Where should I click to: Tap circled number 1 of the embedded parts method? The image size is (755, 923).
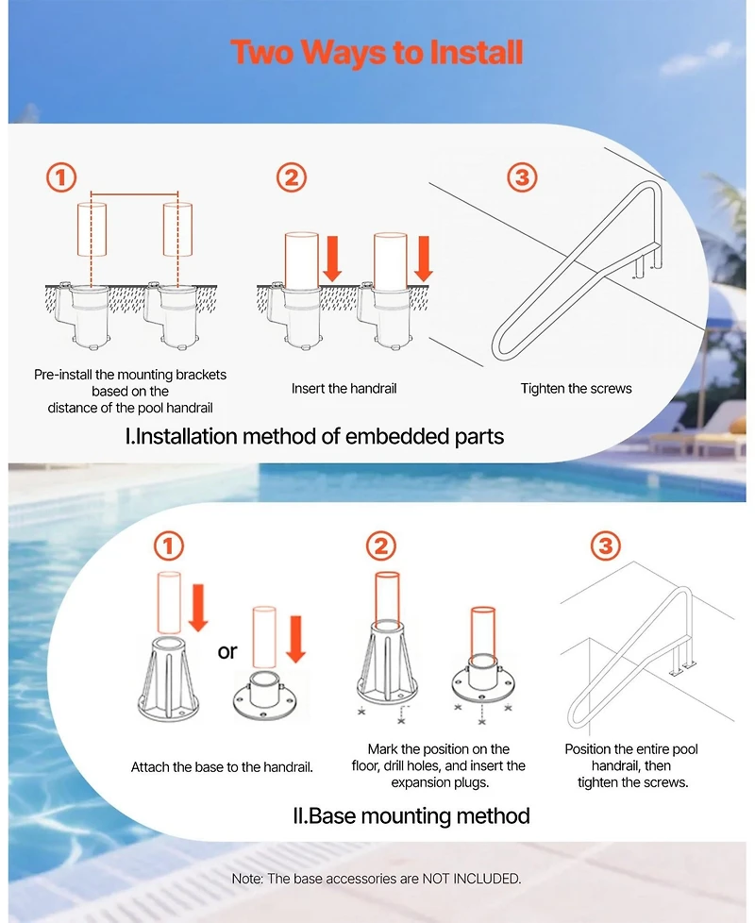click(x=61, y=177)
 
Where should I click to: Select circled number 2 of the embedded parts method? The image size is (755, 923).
click(x=292, y=177)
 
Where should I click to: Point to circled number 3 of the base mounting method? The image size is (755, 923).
click(x=605, y=545)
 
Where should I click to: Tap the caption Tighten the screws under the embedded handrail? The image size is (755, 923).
click(x=576, y=388)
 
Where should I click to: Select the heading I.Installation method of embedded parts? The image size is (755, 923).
click(x=314, y=436)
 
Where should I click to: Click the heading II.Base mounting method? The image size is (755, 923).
click(x=411, y=815)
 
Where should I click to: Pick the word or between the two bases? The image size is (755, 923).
click(x=227, y=652)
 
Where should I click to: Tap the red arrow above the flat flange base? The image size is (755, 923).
click(x=294, y=638)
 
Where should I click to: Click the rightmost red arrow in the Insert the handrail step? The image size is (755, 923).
click(x=424, y=260)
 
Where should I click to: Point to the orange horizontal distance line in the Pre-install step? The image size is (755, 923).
click(x=134, y=194)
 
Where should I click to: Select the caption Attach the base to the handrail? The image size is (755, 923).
click(x=222, y=767)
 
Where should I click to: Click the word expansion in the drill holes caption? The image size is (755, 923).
click(x=423, y=782)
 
